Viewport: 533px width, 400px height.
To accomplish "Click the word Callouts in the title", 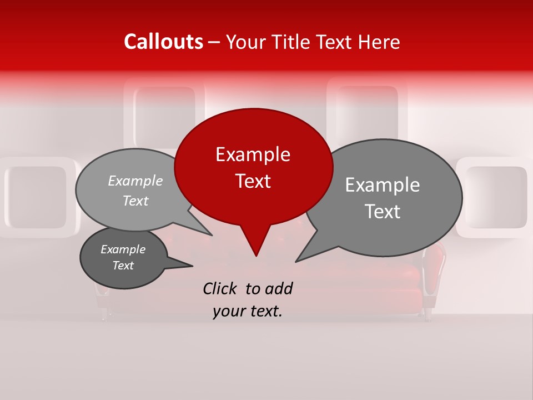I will coord(163,42).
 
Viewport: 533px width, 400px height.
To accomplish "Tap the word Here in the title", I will coord(377,42).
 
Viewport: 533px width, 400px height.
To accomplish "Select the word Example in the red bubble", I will coord(253,154).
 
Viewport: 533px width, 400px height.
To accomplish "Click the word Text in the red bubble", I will coord(253,181).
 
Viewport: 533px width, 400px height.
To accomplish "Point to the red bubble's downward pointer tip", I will coord(256,255).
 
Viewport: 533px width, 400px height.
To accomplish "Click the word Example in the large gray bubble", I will coord(383,185).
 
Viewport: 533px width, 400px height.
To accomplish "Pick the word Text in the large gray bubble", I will coord(383,212).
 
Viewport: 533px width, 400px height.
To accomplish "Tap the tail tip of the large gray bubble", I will coord(296,261).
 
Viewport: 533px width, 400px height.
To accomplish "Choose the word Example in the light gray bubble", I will coord(135,181).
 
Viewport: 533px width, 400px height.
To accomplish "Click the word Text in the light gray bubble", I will coord(135,201).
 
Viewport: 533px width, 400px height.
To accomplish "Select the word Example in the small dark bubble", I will coord(123,249).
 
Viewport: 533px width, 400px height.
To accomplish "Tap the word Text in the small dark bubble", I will coord(123,266).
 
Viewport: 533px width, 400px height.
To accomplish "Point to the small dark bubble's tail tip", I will coord(192,266).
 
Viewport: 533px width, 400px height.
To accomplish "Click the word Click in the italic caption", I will coord(221,288).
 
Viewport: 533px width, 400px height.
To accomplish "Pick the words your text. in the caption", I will coord(247,311).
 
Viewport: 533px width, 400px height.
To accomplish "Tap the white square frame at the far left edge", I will coord(36,198).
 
